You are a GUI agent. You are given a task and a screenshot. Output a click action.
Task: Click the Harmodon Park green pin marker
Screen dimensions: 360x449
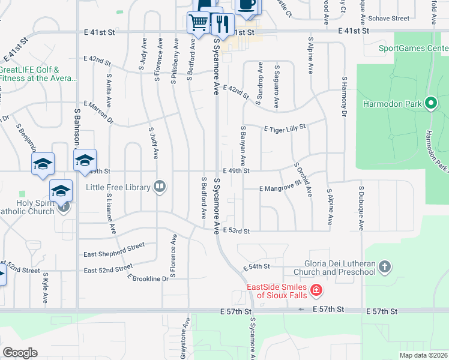tap(430, 103)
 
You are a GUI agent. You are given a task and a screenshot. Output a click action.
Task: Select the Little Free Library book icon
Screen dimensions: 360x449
tap(159, 187)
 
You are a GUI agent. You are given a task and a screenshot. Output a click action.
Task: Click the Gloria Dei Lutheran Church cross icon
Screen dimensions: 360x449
tap(385, 266)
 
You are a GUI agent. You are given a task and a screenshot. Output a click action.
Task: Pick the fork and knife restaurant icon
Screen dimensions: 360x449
tap(222, 24)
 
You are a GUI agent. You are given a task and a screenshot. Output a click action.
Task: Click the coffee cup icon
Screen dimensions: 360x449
tap(246, 5)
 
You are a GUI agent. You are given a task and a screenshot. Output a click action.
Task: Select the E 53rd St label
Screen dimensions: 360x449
tap(235, 230)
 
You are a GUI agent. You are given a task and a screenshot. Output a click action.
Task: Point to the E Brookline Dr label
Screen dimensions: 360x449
tap(148, 279)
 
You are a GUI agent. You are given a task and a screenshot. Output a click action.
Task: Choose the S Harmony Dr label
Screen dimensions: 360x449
tap(345, 96)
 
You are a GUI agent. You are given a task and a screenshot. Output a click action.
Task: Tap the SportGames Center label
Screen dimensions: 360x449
tap(413, 48)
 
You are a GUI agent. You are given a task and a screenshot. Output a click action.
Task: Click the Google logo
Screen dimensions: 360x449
tap(20, 352)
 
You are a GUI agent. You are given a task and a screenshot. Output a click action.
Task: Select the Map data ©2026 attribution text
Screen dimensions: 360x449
tap(423, 355)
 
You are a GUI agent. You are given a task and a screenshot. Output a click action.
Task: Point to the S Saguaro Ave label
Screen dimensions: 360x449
tap(277, 87)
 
